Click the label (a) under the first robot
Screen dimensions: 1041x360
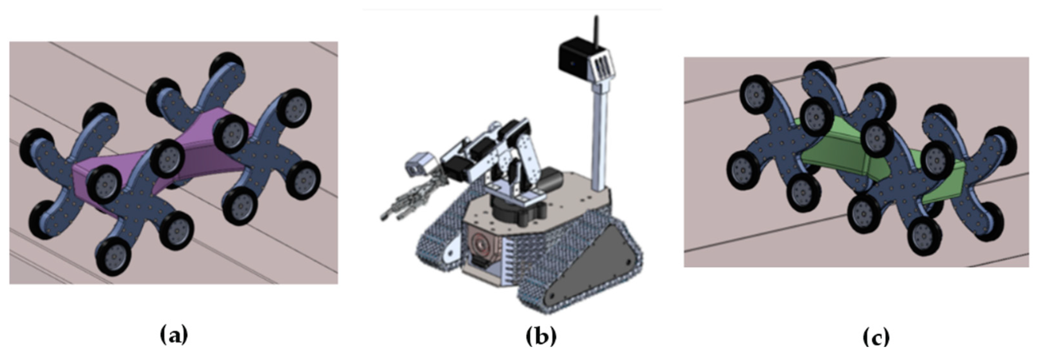[174, 335]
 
